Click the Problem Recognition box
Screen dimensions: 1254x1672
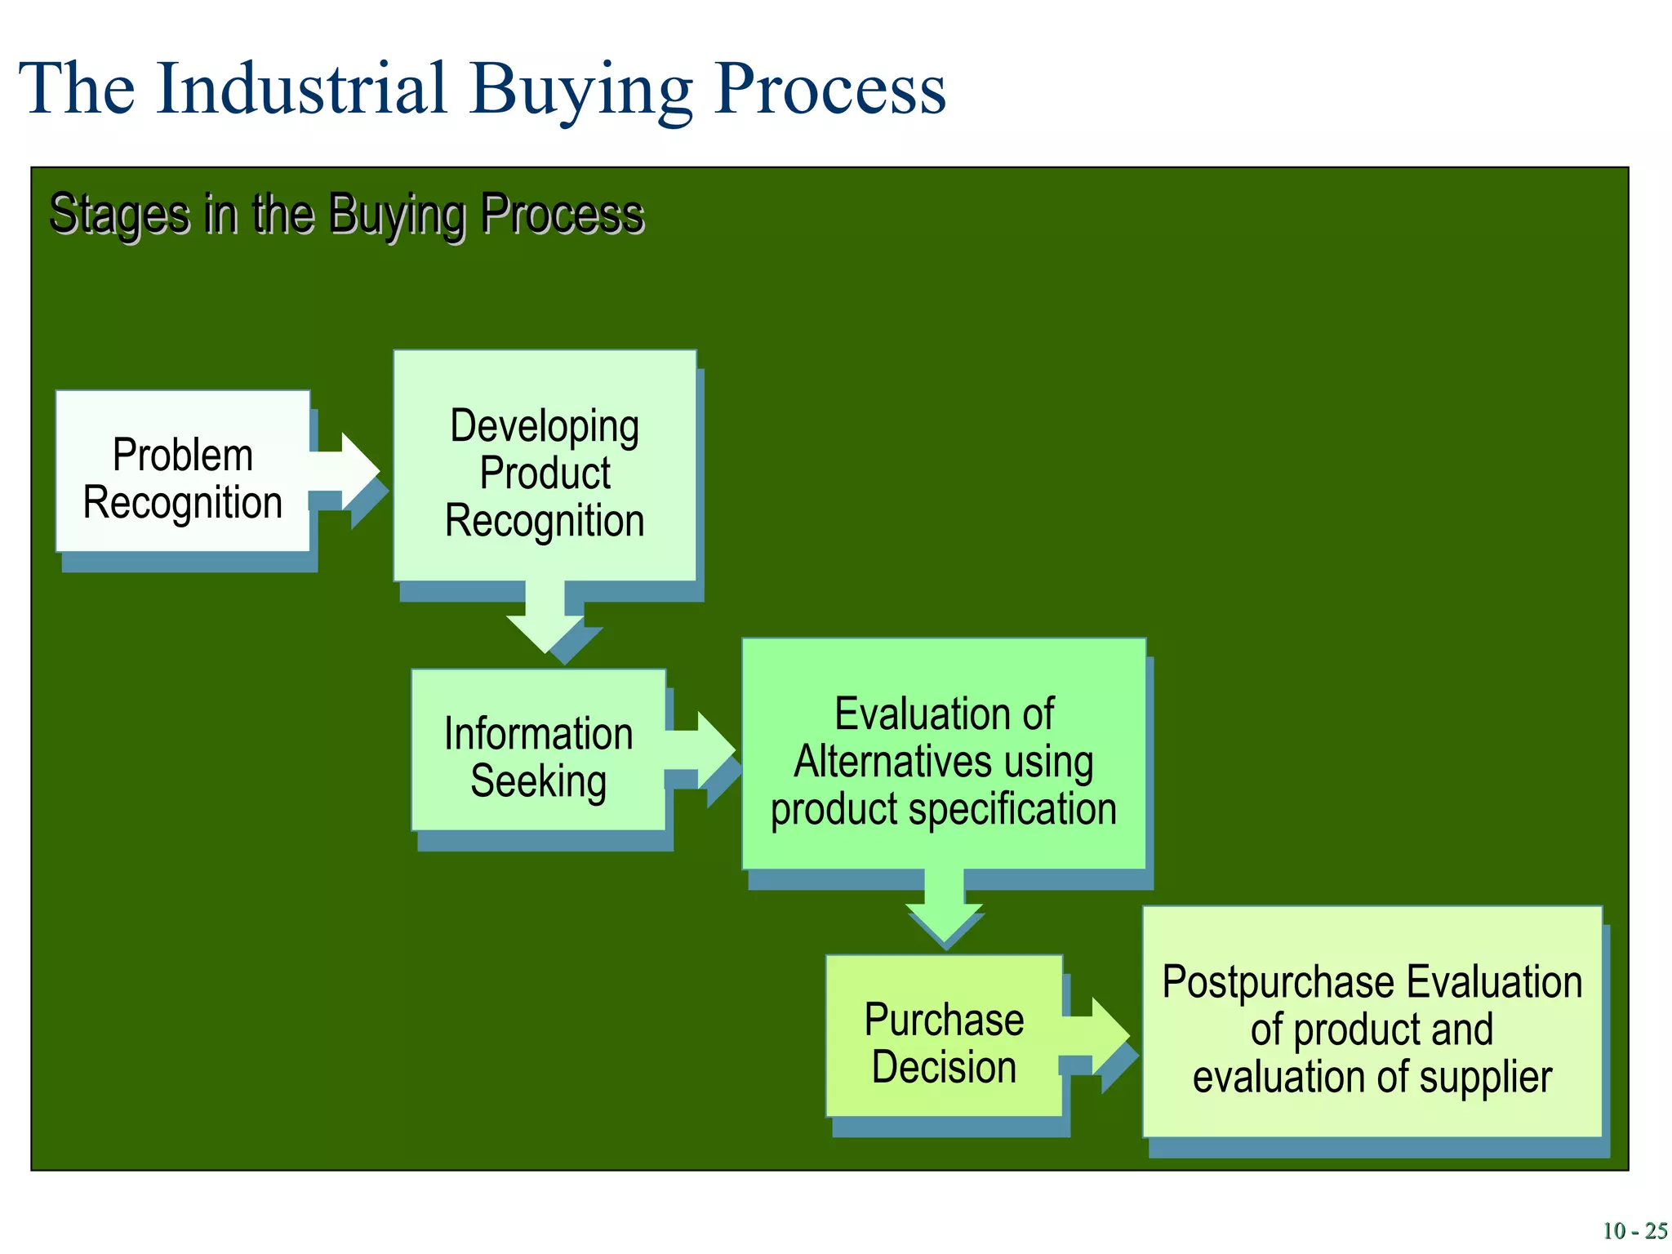click(x=182, y=471)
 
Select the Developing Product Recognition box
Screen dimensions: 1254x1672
click(x=545, y=466)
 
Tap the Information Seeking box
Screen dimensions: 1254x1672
click(x=538, y=750)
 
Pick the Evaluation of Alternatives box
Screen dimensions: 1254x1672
click(x=944, y=754)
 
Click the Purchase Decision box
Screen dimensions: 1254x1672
click(x=944, y=1036)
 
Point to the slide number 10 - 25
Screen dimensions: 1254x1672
click(x=1634, y=1231)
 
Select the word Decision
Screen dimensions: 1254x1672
click(x=944, y=1068)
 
